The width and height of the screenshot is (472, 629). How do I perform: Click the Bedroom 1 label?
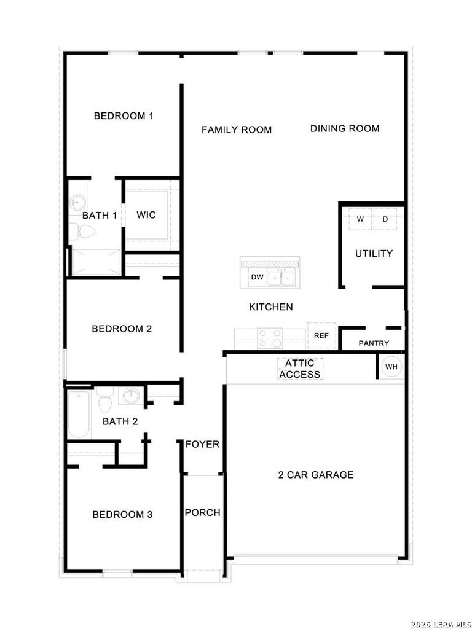pyautogui.click(x=124, y=116)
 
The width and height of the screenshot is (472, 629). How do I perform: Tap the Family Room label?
pyautogui.click(x=237, y=130)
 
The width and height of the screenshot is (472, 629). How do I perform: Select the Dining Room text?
pyautogui.click(x=345, y=128)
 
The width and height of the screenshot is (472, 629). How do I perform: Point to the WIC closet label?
pyautogui.click(x=146, y=215)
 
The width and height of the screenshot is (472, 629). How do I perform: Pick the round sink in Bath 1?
pyautogui.click(x=77, y=201)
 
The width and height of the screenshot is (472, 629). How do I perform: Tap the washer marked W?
pyautogui.click(x=360, y=219)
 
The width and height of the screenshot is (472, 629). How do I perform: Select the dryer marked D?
pyautogui.click(x=385, y=219)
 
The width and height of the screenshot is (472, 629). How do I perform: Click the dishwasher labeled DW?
pyautogui.click(x=258, y=277)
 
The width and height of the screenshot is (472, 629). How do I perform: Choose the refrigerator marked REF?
pyautogui.click(x=321, y=336)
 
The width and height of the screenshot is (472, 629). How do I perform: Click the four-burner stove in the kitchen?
pyautogui.click(x=270, y=338)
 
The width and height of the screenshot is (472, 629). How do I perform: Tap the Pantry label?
pyautogui.click(x=374, y=343)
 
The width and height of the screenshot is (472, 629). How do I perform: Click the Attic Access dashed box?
pyautogui.click(x=300, y=369)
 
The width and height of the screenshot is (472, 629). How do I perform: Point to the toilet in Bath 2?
pyautogui.click(x=105, y=399)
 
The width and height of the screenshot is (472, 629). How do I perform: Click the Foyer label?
pyautogui.click(x=203, y=445)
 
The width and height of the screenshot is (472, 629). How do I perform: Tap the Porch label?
pyautogui.click(x=203, y=513)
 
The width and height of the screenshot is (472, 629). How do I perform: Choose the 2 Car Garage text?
pyautogui.click(x=316, y=475)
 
